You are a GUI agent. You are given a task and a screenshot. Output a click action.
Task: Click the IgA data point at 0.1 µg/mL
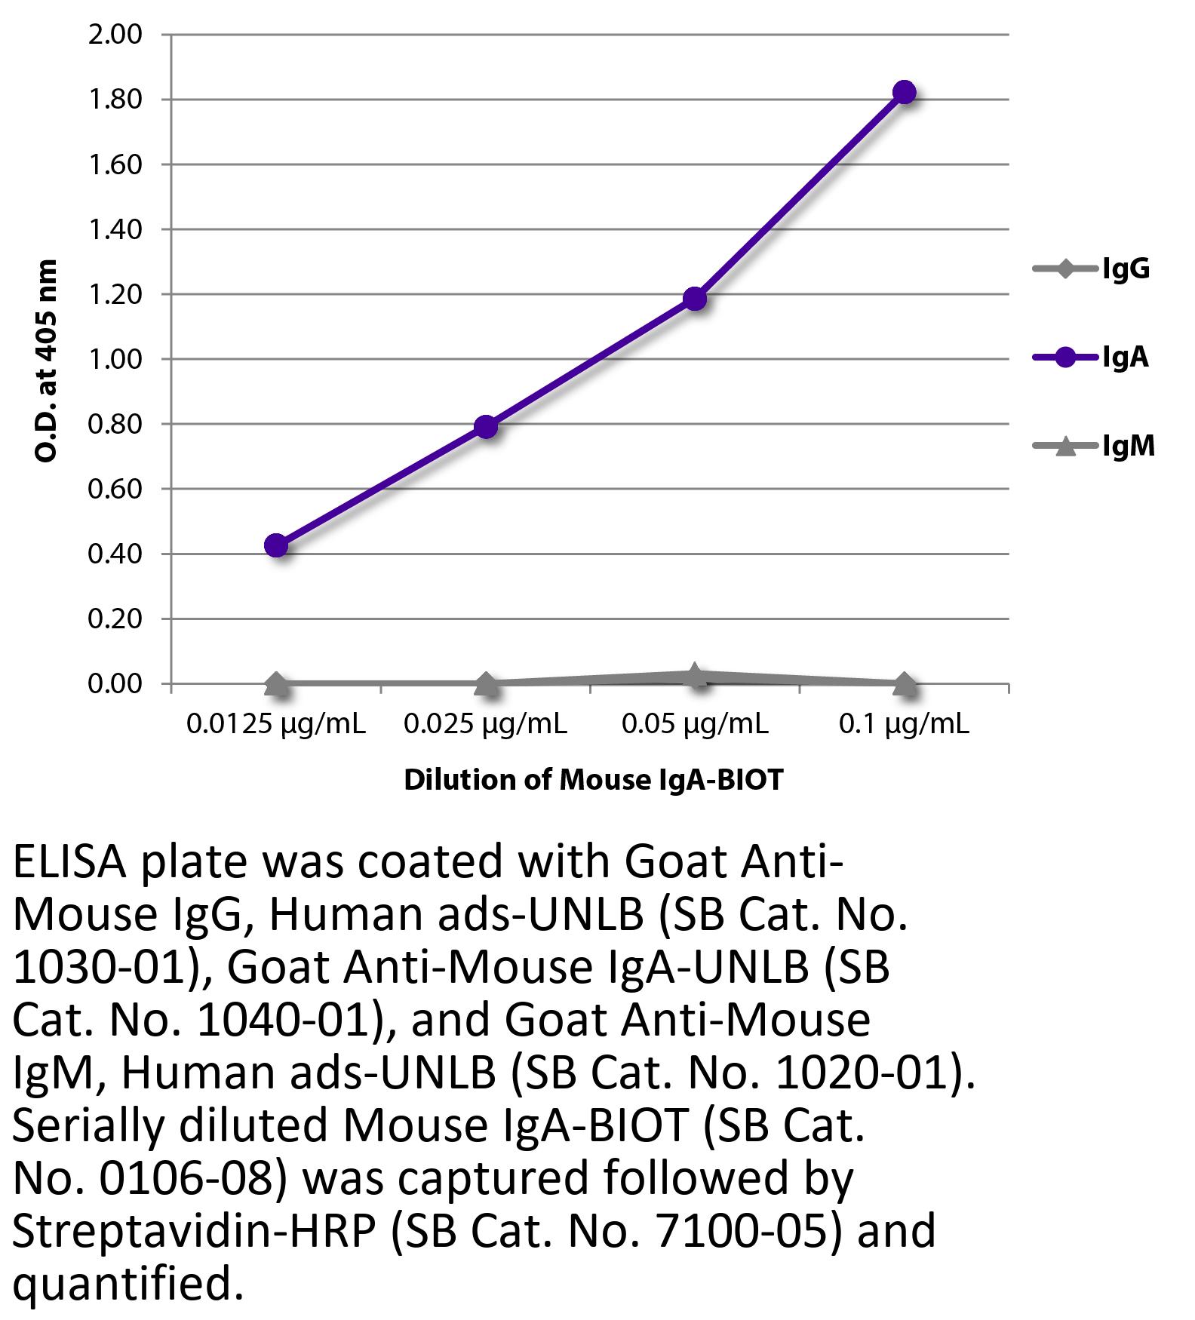(904, 93)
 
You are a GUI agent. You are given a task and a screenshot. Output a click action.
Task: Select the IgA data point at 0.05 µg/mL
(695, 299)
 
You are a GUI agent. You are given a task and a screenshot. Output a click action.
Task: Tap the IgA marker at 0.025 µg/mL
(486, 427)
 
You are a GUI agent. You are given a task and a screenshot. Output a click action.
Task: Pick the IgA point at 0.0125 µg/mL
(276, 545)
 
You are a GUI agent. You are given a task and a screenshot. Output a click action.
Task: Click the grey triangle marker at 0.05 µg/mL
(695, 675)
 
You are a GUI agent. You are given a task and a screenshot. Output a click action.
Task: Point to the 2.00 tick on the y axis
(115, 35)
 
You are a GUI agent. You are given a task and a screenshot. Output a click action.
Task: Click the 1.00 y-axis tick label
(115, 359)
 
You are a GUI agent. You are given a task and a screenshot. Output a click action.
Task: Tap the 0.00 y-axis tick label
(115, 684)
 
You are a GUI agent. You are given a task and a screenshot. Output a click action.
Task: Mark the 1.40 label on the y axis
(115, 229)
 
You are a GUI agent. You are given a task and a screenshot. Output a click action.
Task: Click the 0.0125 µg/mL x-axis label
(276, 725)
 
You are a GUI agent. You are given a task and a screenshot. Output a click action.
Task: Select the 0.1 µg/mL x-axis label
(904, 725)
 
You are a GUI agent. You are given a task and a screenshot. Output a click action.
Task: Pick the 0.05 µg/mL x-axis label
(695, 725)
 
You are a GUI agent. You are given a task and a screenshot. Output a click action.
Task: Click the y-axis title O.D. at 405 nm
(46, 361)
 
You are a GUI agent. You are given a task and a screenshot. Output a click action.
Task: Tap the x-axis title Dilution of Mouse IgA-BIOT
(594, 780)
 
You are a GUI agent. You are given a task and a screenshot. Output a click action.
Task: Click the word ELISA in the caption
(69, 862)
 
